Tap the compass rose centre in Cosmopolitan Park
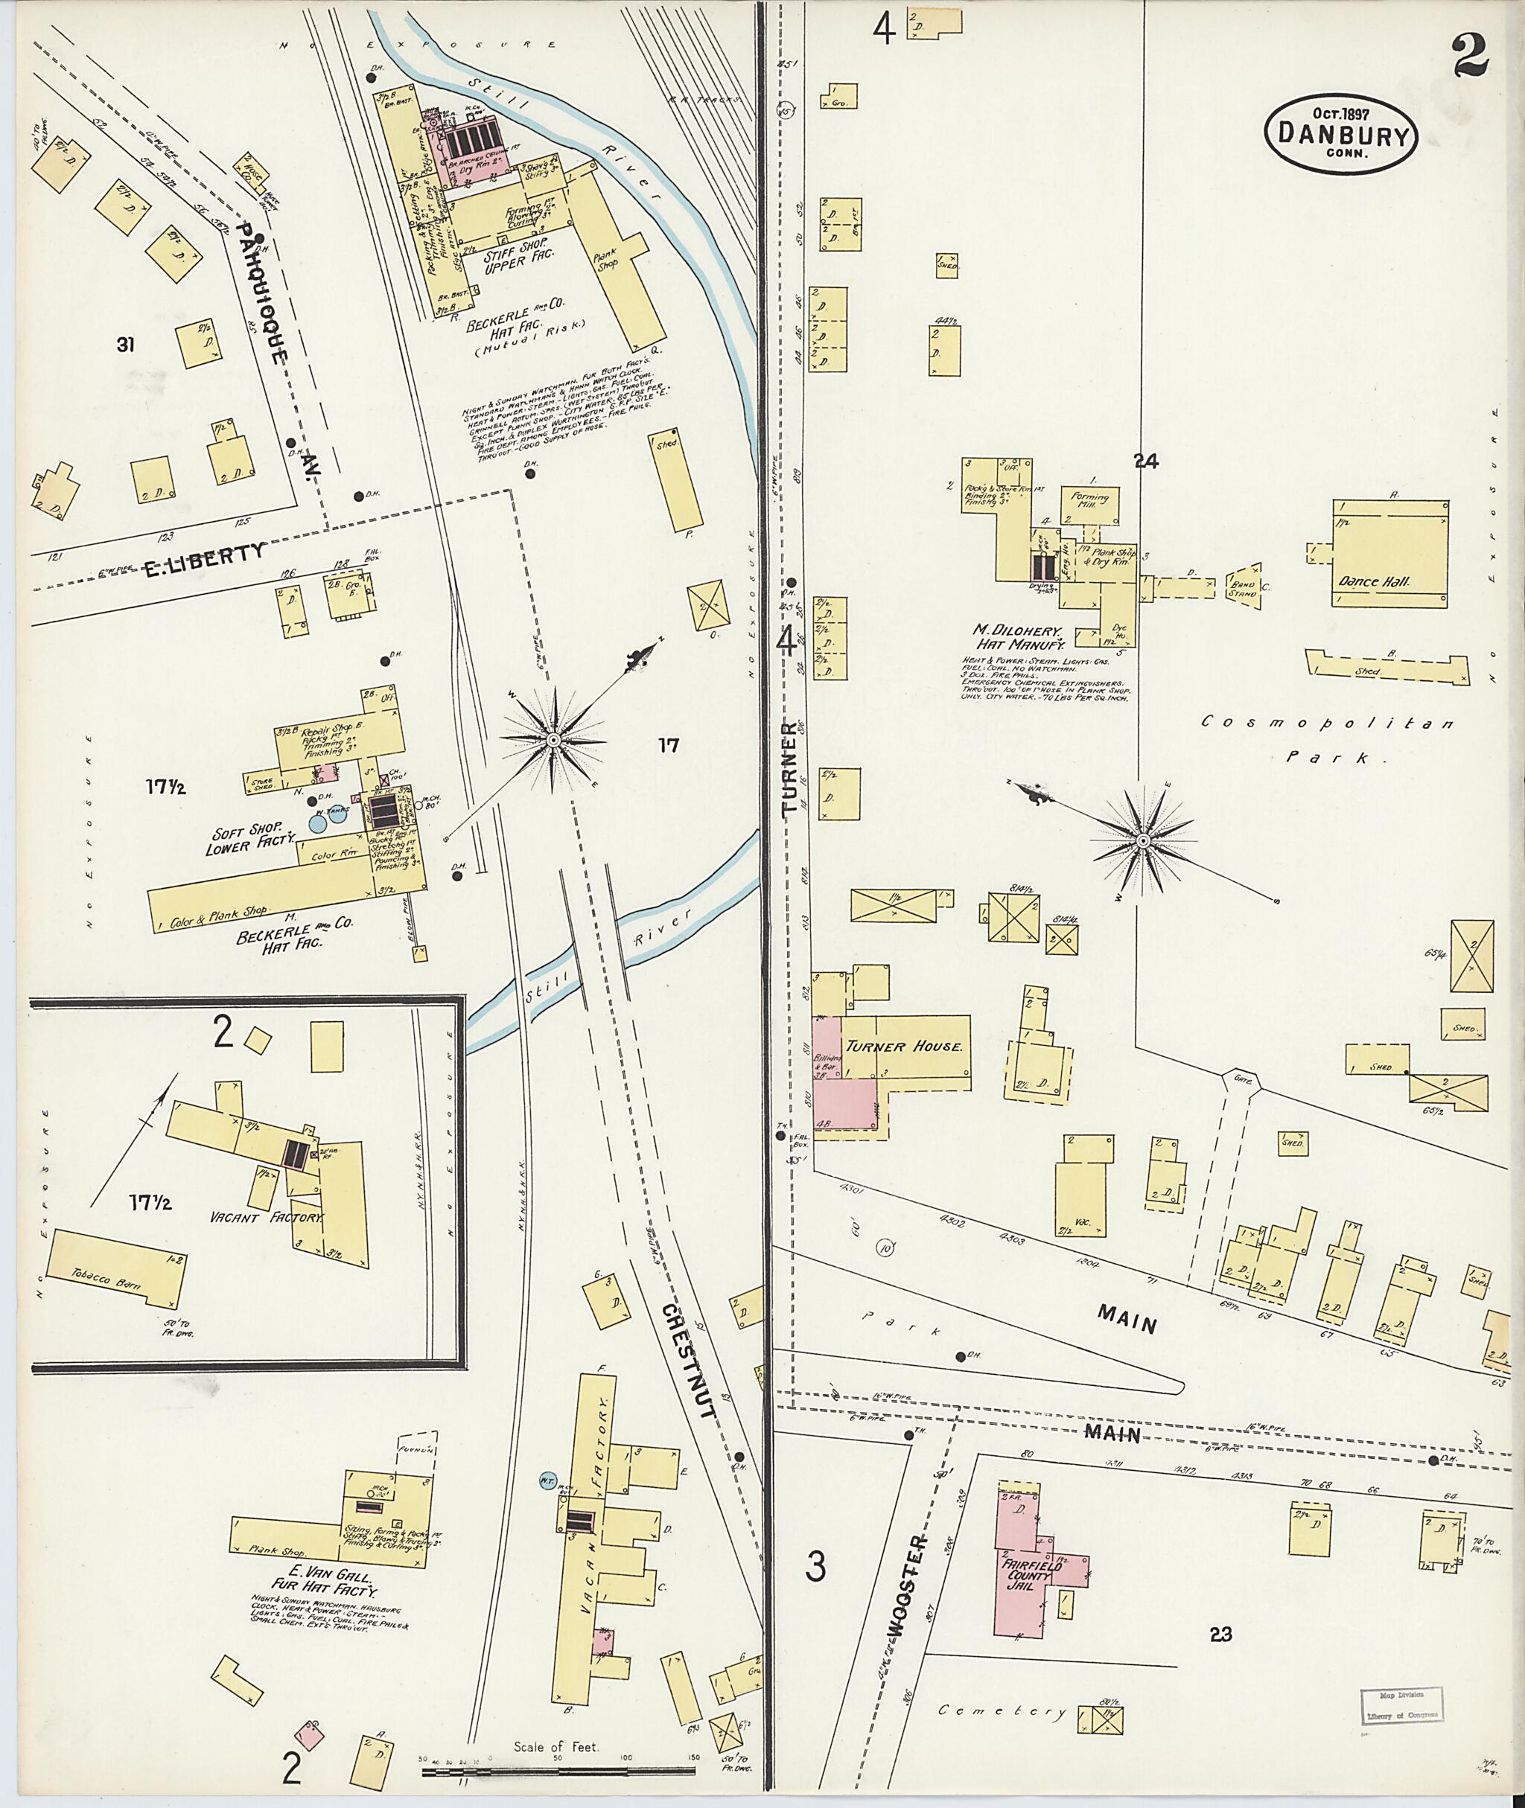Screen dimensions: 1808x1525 pos(1143,840)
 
